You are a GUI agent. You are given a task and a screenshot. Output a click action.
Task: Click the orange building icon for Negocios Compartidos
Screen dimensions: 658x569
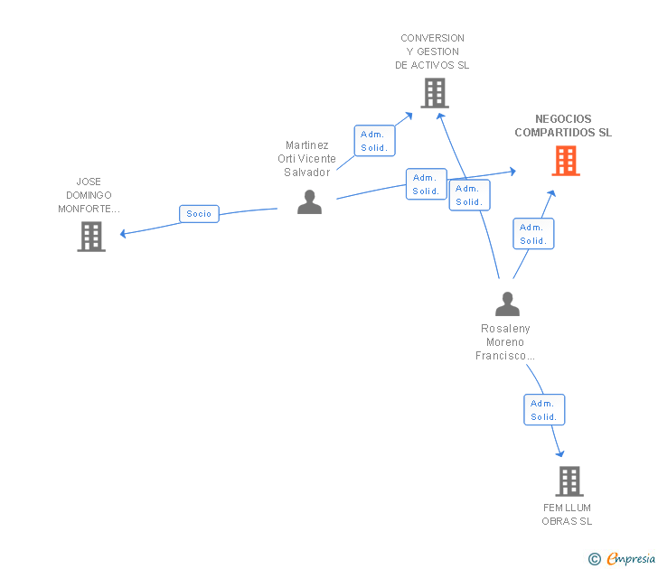566,161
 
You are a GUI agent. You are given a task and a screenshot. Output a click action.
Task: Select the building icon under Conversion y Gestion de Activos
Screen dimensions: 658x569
435,93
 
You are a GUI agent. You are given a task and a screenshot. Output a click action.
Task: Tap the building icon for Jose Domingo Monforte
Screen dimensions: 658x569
91,237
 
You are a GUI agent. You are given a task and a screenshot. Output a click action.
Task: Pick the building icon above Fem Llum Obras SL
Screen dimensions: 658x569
569,481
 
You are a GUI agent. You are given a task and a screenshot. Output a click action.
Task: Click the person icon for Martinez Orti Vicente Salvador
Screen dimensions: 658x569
309,202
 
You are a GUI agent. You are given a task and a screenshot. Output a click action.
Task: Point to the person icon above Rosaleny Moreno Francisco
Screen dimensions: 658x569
507,304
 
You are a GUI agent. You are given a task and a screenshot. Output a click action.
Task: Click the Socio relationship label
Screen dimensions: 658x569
199,214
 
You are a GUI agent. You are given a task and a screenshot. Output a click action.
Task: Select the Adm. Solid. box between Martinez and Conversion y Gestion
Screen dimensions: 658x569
374,141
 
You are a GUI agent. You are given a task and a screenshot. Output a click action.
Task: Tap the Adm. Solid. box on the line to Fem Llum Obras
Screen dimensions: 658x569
544,410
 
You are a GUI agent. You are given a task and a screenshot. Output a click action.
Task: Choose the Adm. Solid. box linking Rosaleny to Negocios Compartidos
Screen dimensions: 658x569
533,234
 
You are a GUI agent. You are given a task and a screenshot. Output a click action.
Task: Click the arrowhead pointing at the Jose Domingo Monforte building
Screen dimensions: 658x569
123,234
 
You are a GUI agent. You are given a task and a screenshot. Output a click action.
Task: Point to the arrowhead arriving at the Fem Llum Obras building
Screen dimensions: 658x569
559,453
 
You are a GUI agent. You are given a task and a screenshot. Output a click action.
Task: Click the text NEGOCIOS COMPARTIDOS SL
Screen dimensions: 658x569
563,126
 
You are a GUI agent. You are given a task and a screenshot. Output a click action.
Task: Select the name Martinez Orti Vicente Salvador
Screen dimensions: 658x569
306,158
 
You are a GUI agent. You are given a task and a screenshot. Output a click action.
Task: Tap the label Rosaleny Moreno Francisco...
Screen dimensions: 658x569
505,341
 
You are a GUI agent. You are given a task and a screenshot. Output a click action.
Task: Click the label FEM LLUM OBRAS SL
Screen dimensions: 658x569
567,515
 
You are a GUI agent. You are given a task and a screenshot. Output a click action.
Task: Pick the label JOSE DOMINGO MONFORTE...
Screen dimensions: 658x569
89,195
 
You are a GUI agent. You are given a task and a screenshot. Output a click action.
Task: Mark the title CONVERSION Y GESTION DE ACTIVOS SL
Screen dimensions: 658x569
432,51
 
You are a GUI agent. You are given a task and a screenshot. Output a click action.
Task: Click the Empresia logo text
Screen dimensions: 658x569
631,559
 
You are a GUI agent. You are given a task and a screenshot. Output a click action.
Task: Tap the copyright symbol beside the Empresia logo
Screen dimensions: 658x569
595,559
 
